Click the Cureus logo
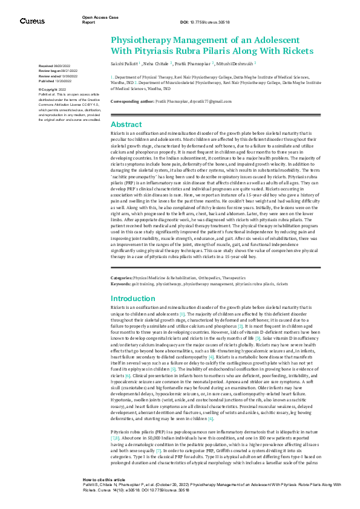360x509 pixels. (32, 21)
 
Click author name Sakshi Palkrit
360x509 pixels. (124, 62)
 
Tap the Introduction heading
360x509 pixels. (133, 299)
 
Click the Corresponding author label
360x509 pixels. (128, 102)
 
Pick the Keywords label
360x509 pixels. (120, 282)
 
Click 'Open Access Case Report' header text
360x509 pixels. (100, 19)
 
